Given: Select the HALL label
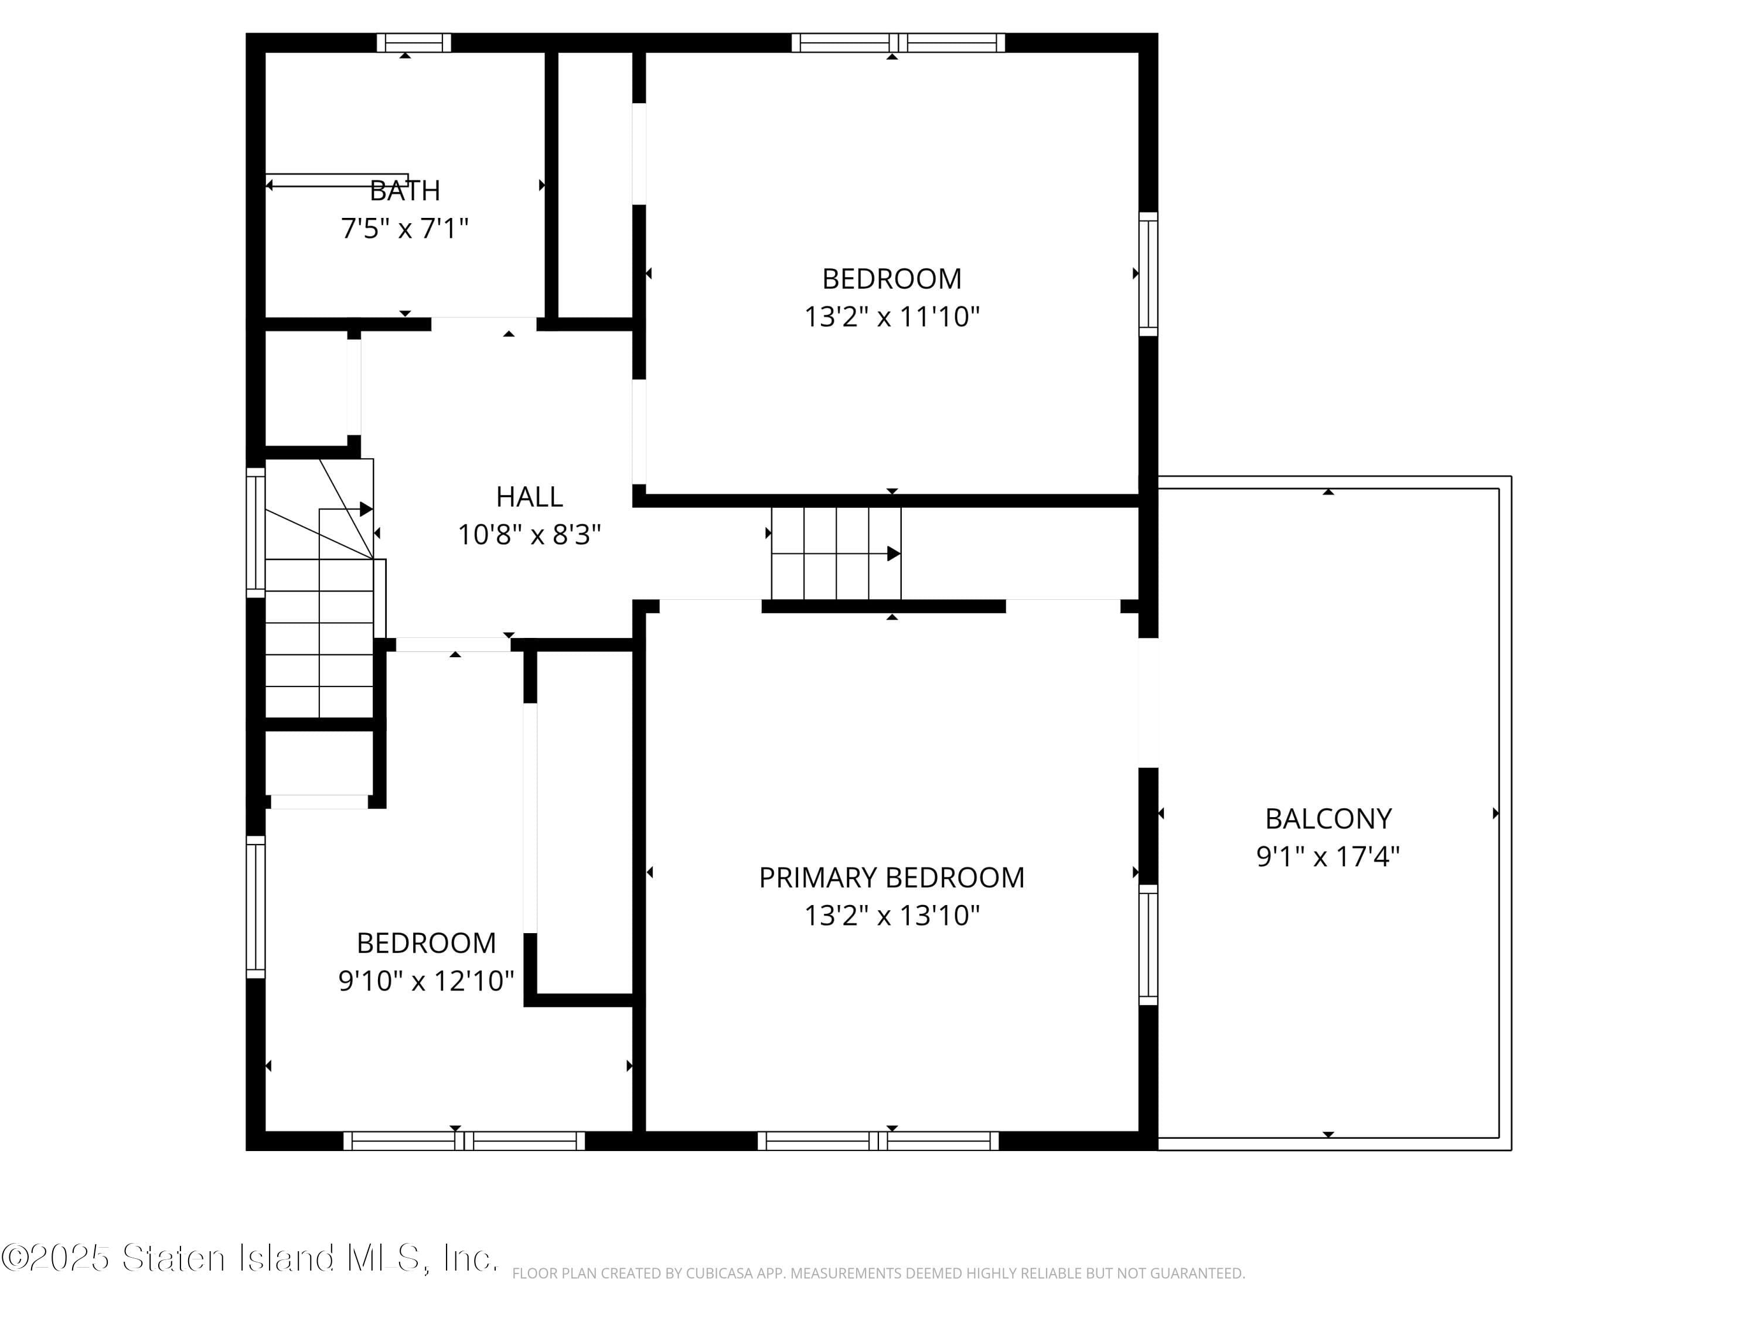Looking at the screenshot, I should pyautogui.click(x=529, y=497).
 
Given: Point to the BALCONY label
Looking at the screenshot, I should pyautogui.click(x=1328, y=818).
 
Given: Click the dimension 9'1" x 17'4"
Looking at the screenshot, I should pyautogui.click(x=1328, y=856).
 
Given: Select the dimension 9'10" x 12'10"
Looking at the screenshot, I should pyautogui.click(x=426, y=981).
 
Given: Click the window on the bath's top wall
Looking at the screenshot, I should pyautogui.click(x=413, y=43).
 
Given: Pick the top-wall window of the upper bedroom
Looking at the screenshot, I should pyautogui.click(x=897, y=43).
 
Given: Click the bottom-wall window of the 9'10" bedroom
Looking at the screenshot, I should pyautogui.click(x=464, y=1141).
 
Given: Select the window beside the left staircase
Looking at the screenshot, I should pyautogui.click(x=255, y=532).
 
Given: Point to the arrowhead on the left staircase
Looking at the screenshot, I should pyautogui.click(x=366, y=509).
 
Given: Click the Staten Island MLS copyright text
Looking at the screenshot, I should pyautogui.click(x=250, y=1258).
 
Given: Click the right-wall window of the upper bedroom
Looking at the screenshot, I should pyautogui.click(x=1149, y=274).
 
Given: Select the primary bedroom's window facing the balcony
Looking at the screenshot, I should pyautogui.click(x=1149, y=945).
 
